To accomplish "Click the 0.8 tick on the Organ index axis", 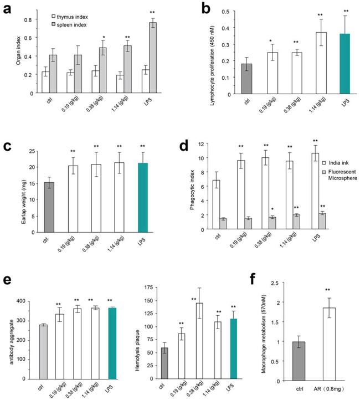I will (33, 20).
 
